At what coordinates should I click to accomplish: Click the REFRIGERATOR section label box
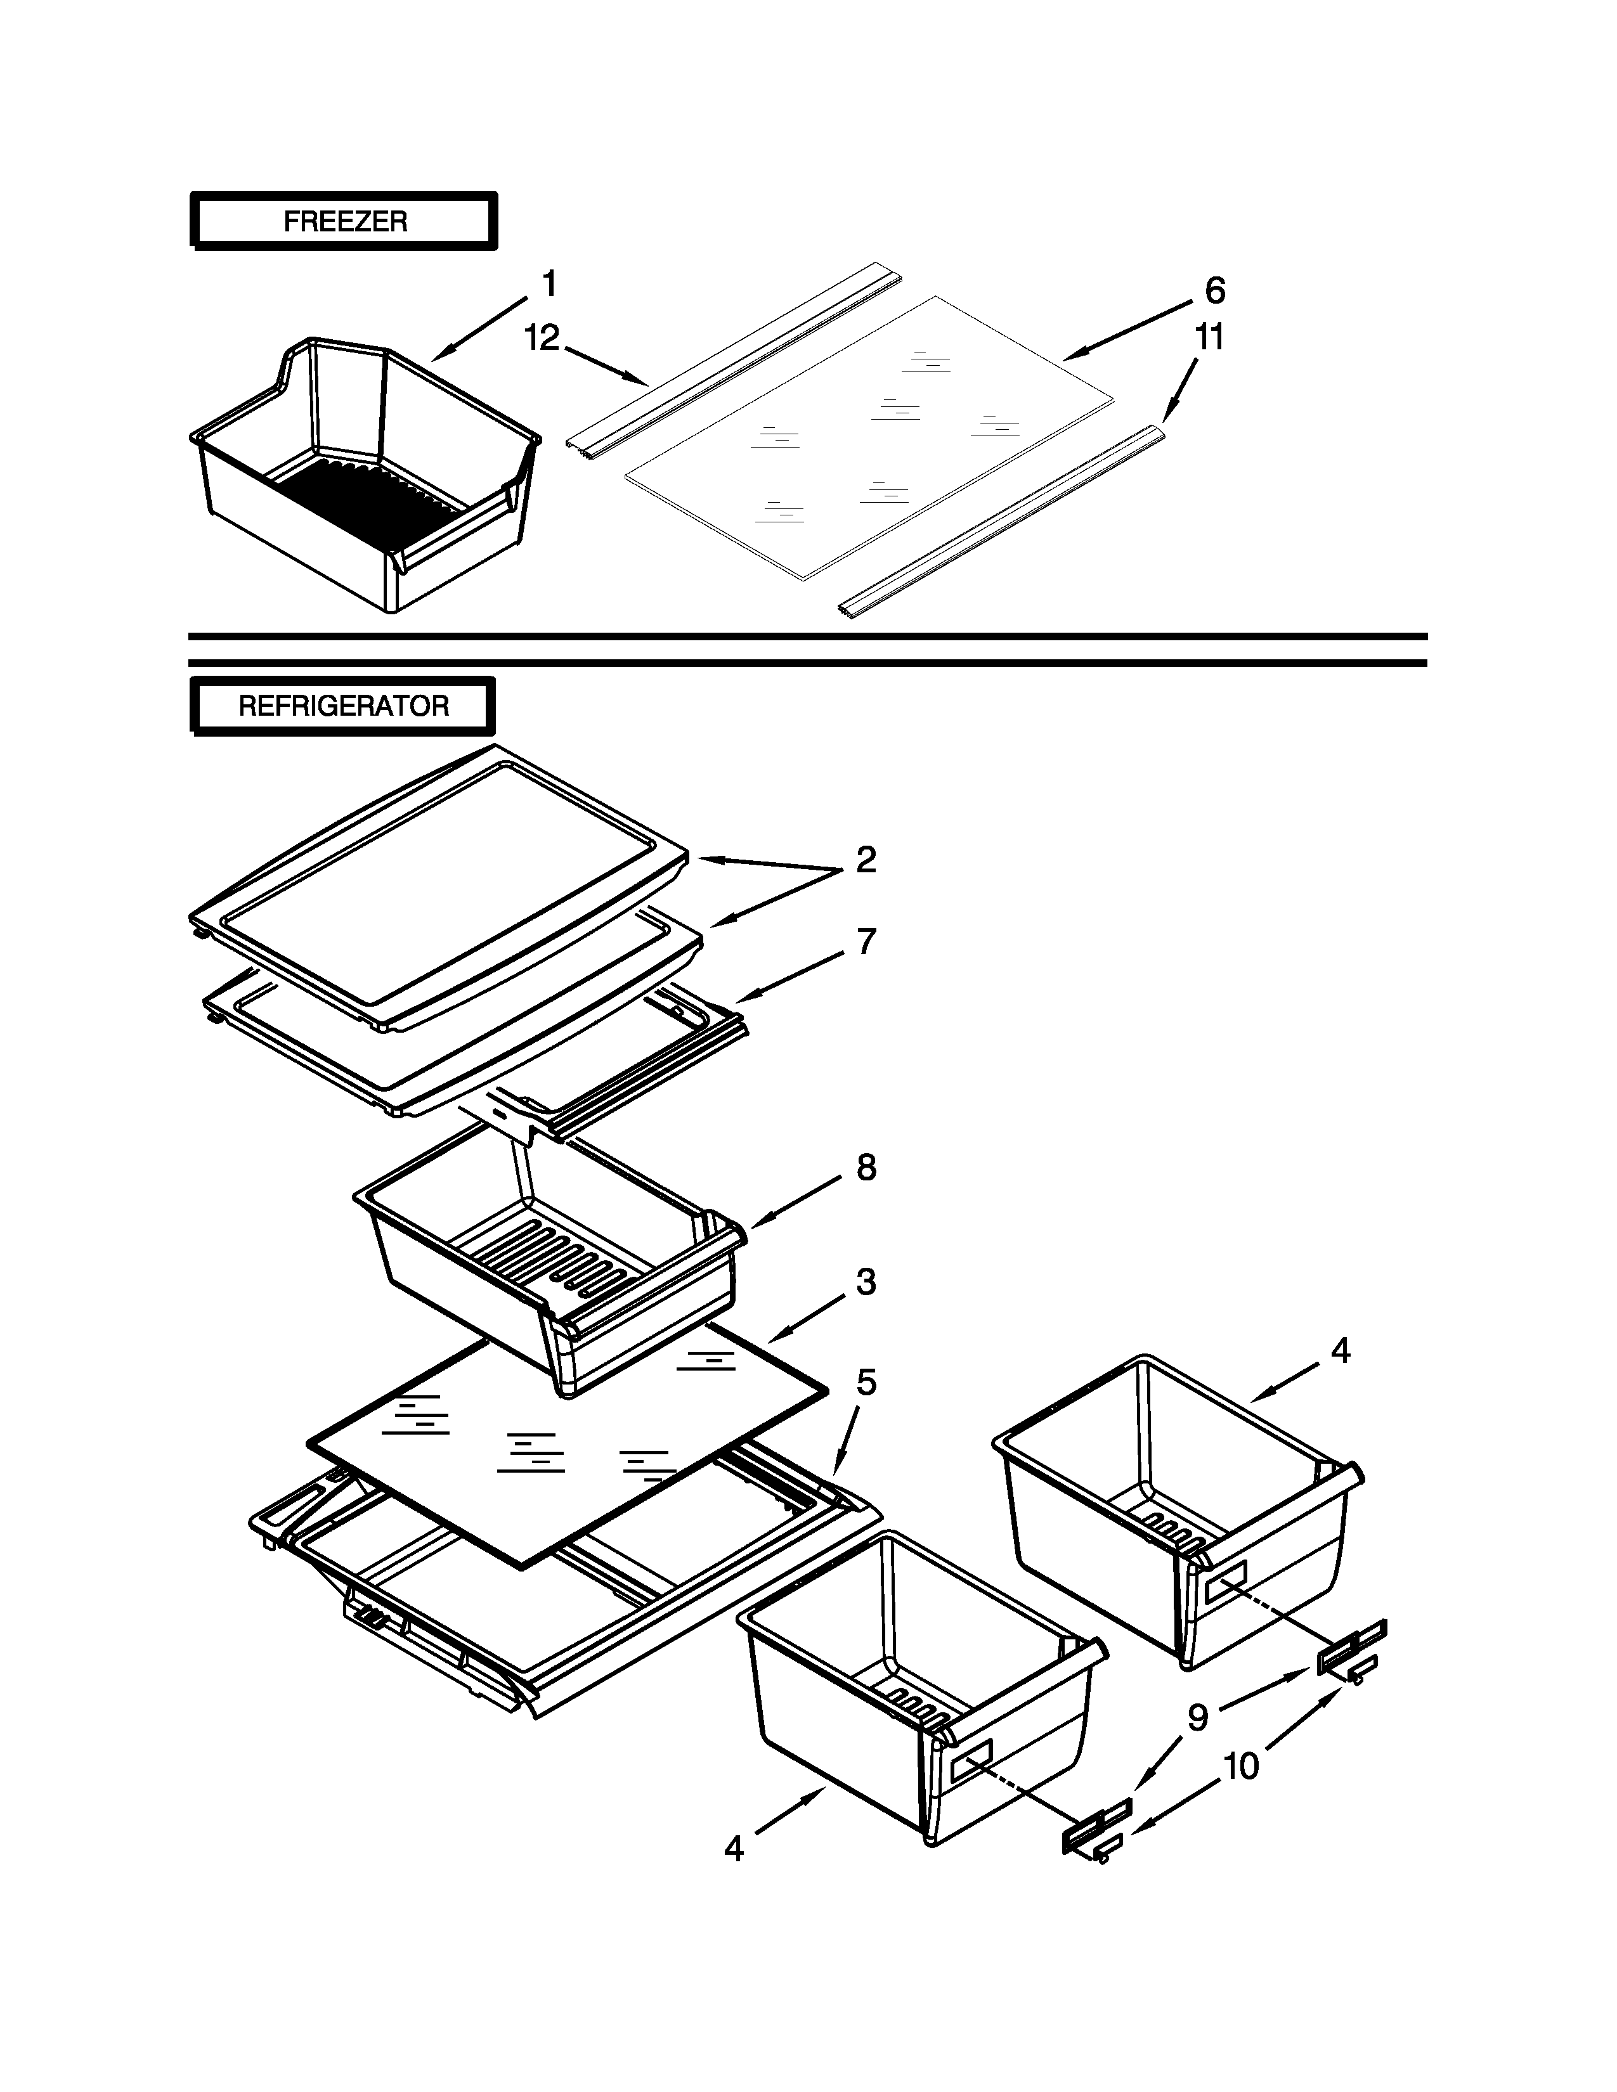(x=343, y=706)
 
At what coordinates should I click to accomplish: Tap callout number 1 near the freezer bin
(x=549, y=285)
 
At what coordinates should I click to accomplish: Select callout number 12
(x=542, y=337)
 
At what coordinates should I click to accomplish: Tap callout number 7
(x=866, y=943)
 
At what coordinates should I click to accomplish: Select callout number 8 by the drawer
(x=866, y=1168)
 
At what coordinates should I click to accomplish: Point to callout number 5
(x=866, y=1382)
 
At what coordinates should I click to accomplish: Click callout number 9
(x=1197, y=1719)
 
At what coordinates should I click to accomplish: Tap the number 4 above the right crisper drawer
(x=1340, y=1352)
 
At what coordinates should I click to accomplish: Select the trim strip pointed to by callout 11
(x=1001, y=522)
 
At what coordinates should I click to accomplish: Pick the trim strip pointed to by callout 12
(x=733, y=359)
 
